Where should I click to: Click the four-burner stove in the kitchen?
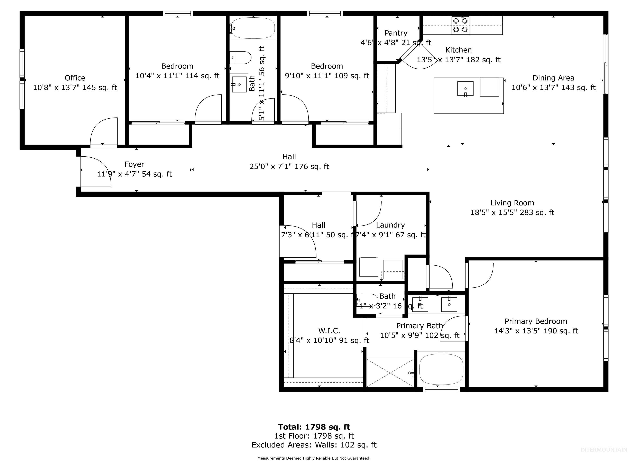(x=460, y=25)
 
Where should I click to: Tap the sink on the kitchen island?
(x=465, y=89)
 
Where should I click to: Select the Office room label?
(x=75, y=78)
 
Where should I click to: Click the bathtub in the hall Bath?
(x=253, y=28)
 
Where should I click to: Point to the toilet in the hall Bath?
(x=241, y=58)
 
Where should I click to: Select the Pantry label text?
(x=396, y=33)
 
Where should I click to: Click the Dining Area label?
(x=553, y=78)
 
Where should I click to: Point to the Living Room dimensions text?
(x=512, y=212)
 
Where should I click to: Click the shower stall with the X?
(x=390, y=373)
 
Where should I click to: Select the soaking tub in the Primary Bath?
(x=441, y=369)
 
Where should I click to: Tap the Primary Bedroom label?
(x=536, y=321)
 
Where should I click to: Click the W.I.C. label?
(x=329, y=331)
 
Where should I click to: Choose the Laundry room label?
(x=390, y=225)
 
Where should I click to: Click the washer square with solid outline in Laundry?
(x=369, y=267)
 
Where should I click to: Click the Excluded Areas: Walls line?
(x=314, y=445)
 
